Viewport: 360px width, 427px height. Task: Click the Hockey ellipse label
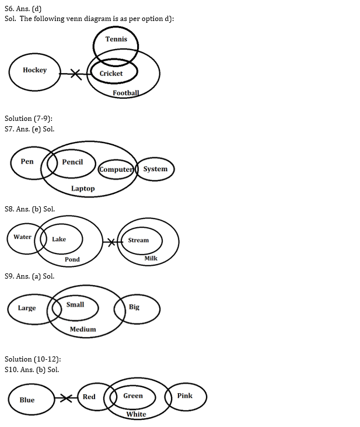tap(34, 70)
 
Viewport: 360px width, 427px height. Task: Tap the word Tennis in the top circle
tap(116, 39)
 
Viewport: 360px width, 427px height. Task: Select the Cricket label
tap(111, 74)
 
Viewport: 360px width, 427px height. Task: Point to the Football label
tap(126, 93)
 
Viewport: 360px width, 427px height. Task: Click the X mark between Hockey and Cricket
tap(75, 74)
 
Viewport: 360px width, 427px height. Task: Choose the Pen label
tap(27, 161)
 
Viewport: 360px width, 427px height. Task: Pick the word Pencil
tap(72, 162)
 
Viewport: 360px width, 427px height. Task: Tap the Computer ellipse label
tap(116, 169)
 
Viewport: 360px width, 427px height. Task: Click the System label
tap(155, 169)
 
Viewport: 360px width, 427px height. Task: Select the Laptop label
tap(83, 189)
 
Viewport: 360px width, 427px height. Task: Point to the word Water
tap(22, 237)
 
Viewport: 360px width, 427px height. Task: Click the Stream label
tap(138, 240)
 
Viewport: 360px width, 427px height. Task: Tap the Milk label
tap(151, 258)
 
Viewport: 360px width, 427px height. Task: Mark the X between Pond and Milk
tap(110, 241)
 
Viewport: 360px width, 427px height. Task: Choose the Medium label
tap(82, 329)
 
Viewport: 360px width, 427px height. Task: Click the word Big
tap(134, 307)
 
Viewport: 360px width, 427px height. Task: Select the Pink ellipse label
tap(184, 395)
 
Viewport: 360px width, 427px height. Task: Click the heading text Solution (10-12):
tap(33, 359)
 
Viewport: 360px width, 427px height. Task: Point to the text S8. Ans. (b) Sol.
tap(30, 209)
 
